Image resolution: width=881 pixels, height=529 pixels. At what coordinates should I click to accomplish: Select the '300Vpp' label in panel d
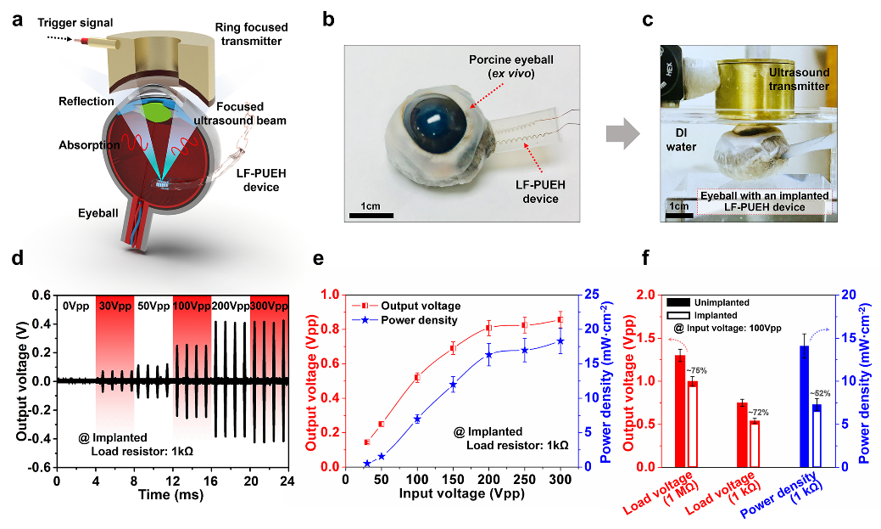point(269,306)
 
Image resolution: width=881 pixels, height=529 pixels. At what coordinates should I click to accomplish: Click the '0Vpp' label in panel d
point(75,306)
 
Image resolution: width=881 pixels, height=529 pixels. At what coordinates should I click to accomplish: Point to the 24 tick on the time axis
point(287,481)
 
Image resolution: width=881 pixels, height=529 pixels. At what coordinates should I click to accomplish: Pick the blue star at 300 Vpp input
point(560,341)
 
